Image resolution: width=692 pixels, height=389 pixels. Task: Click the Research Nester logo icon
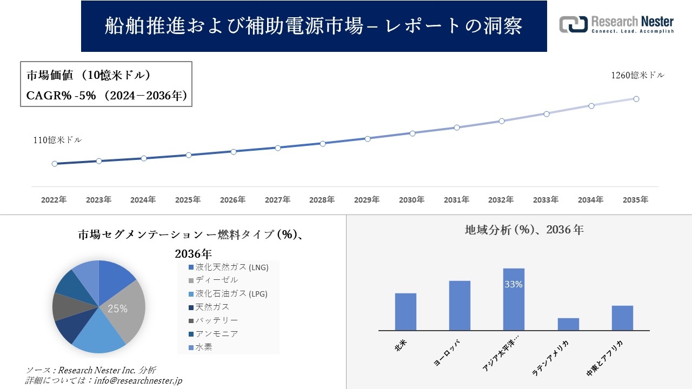pyautogui.click(x=573, y=24)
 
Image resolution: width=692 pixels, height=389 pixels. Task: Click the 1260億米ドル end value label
pyautogui.click(x=637, y=76)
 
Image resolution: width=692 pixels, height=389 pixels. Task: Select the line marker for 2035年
pyautogui.click(x=636, y=99)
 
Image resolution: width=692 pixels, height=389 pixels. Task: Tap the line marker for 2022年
pyautogui.click(x=55, y=164)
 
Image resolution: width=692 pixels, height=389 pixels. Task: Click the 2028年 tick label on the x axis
pyautogui.click(x=322, y=200)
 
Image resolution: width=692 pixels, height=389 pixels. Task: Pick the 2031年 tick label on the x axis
pyautogui.click(x=456, y=200)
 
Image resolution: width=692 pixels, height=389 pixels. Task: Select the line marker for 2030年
pyautogui.click(x=412, y=133)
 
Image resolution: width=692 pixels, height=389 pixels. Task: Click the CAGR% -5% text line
pyautogui.click(x=107, y=96)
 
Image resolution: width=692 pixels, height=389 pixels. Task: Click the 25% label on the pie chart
pyautogui.click(x=117, y=309)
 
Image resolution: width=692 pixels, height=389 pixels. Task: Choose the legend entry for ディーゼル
pyautogui.click(x=216, y=280)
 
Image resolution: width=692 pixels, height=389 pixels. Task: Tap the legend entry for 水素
pyautogui.click(x=204, y=347)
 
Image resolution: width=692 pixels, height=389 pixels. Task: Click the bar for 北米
pyautogui.click(x=405, y=312)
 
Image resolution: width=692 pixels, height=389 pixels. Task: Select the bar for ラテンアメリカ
pyautogui.click(x=568, y=324)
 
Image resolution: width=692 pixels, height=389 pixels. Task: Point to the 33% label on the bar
pyautogui.click(x=513, y=284)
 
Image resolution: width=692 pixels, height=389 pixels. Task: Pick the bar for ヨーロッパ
pyautogui.click(x=460, y=305)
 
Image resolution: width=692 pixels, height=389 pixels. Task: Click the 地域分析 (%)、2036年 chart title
pyautogui.click(x=524, y=230)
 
